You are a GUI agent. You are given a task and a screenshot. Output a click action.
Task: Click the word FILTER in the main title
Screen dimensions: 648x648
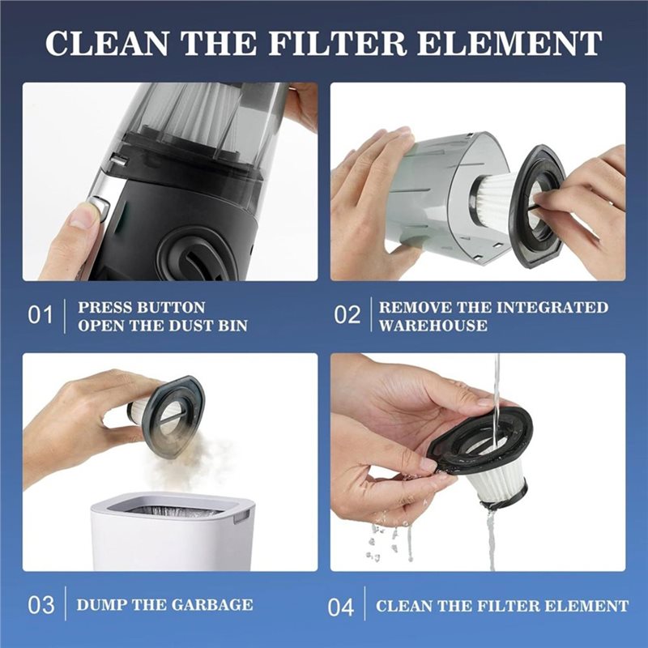click(x=337, y=43)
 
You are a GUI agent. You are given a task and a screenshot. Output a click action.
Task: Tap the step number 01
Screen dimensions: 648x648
click(x=40, y=315)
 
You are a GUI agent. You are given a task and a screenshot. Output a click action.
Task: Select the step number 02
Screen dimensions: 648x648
click(x=347, y=315)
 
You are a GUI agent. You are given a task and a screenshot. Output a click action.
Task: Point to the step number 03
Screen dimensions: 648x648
click(x=41, y=605)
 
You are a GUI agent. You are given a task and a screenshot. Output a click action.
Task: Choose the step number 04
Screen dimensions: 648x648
click(x=341, y=607)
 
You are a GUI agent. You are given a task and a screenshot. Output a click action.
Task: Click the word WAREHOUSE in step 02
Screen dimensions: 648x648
click(x=433, y=326)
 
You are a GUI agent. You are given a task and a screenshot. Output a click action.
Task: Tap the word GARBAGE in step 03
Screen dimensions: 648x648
click(x=211, y=604)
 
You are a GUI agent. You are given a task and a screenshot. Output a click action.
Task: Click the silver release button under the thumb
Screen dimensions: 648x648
click(x=99, y=205)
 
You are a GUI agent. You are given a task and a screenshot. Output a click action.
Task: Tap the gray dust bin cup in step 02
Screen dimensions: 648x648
click(x=446, y=194)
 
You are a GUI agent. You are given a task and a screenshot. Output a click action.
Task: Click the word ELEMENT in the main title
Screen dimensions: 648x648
click(x=509, y=43)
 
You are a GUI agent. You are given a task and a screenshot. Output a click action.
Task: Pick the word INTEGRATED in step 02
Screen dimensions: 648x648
click(x=552, y=308)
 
